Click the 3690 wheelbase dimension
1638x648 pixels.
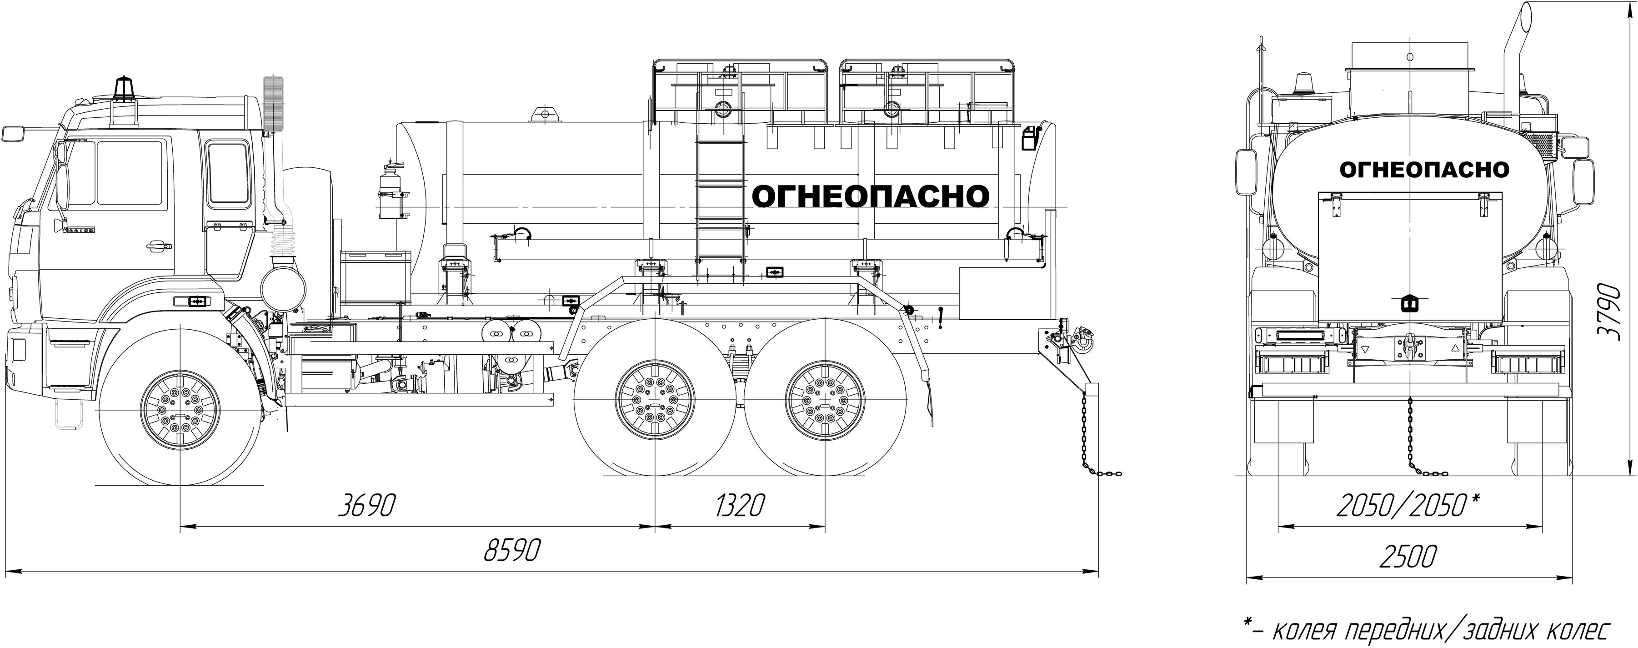tap(366, 506)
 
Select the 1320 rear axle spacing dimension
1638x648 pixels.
tap(740, 506)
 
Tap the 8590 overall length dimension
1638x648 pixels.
tap(512, 550)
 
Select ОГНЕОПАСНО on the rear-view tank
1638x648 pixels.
tap(1424, 170)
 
